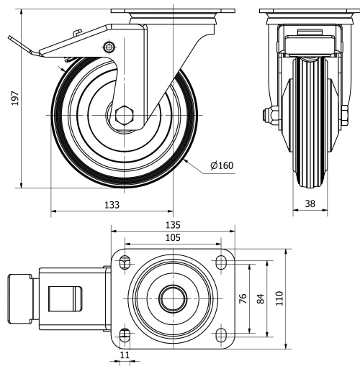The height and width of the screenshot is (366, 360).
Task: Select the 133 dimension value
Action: click(112, 204)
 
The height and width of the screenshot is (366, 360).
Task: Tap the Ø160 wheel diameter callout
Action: click(221, 166)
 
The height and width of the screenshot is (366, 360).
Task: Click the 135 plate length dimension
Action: click(174, 224)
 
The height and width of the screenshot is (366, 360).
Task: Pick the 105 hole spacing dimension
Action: click(174, 238)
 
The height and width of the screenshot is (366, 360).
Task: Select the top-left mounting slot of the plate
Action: click(125, 260)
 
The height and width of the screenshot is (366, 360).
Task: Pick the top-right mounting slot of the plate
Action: click(220, 260)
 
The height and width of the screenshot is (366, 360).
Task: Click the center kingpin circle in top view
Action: click(174, 297)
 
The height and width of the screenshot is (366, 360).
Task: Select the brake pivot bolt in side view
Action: click(109, 47)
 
